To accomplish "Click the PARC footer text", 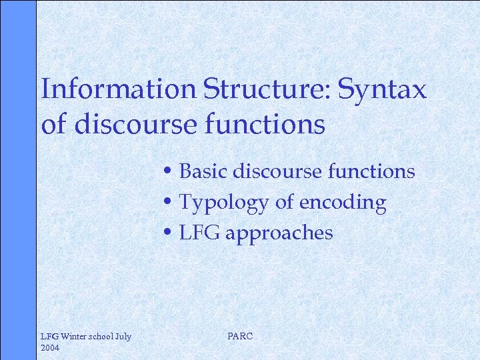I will pyautogui.click(x=240, y=337).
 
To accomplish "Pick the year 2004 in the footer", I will pyautogui.click(x=51, y=348).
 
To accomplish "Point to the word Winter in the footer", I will pyautogui.click(x=72, y=337).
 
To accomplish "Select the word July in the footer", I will pyautogui.click(x=123, y=337).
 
